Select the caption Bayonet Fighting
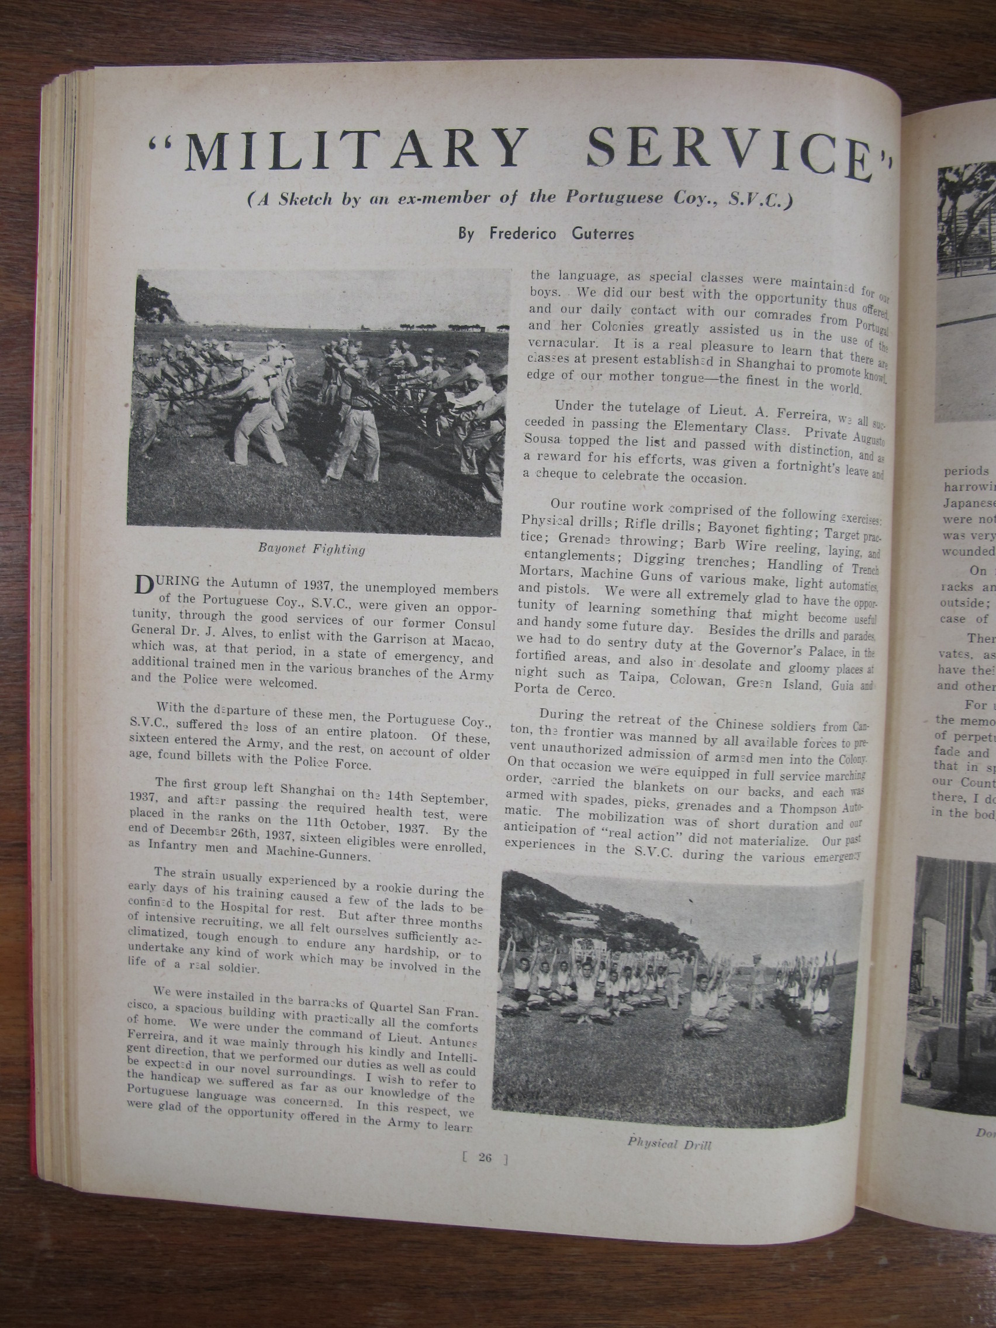(312, 548)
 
